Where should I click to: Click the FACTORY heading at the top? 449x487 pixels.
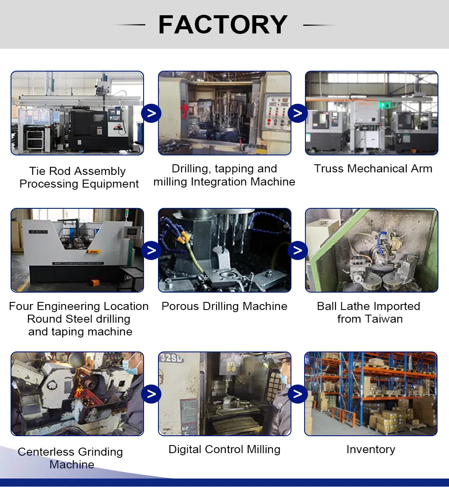(x=223, y=25)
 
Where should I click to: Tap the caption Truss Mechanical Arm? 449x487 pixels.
(x=373, y=169)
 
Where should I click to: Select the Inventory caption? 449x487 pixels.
(x=371, y=449)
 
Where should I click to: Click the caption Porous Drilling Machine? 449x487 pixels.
(x=224, y=306)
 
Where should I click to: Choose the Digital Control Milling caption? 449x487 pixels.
(x=224, y=449)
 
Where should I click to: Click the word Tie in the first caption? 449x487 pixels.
(x=37, y=171)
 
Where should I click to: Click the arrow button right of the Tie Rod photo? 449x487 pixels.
(x=151, y=113)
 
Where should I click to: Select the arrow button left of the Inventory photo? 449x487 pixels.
(x=298, y=394)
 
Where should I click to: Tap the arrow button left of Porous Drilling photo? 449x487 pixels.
(x=151, y=250)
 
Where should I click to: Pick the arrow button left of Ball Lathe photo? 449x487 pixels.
(x=298, y=250)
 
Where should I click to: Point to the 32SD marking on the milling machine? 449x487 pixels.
(x=172, y=358)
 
